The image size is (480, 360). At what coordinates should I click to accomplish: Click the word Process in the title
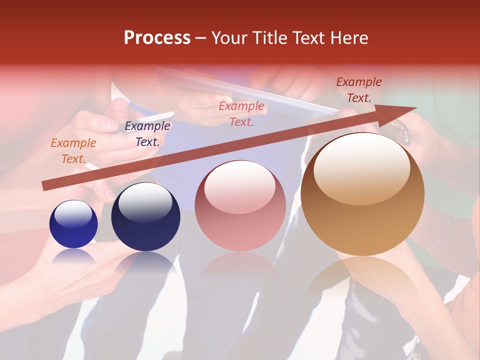(x=157, y=38)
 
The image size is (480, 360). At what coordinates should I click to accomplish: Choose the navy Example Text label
(x=147, y=134)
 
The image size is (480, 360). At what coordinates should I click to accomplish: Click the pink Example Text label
(x=241, y=113)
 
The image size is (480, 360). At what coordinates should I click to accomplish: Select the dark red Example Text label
(x=359, y=90)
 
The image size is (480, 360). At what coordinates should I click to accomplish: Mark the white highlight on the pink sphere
(x=240, y=186)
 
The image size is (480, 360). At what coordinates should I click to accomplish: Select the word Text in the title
(x=309, y=38)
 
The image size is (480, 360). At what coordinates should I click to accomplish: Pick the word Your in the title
(x=229, y=38)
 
